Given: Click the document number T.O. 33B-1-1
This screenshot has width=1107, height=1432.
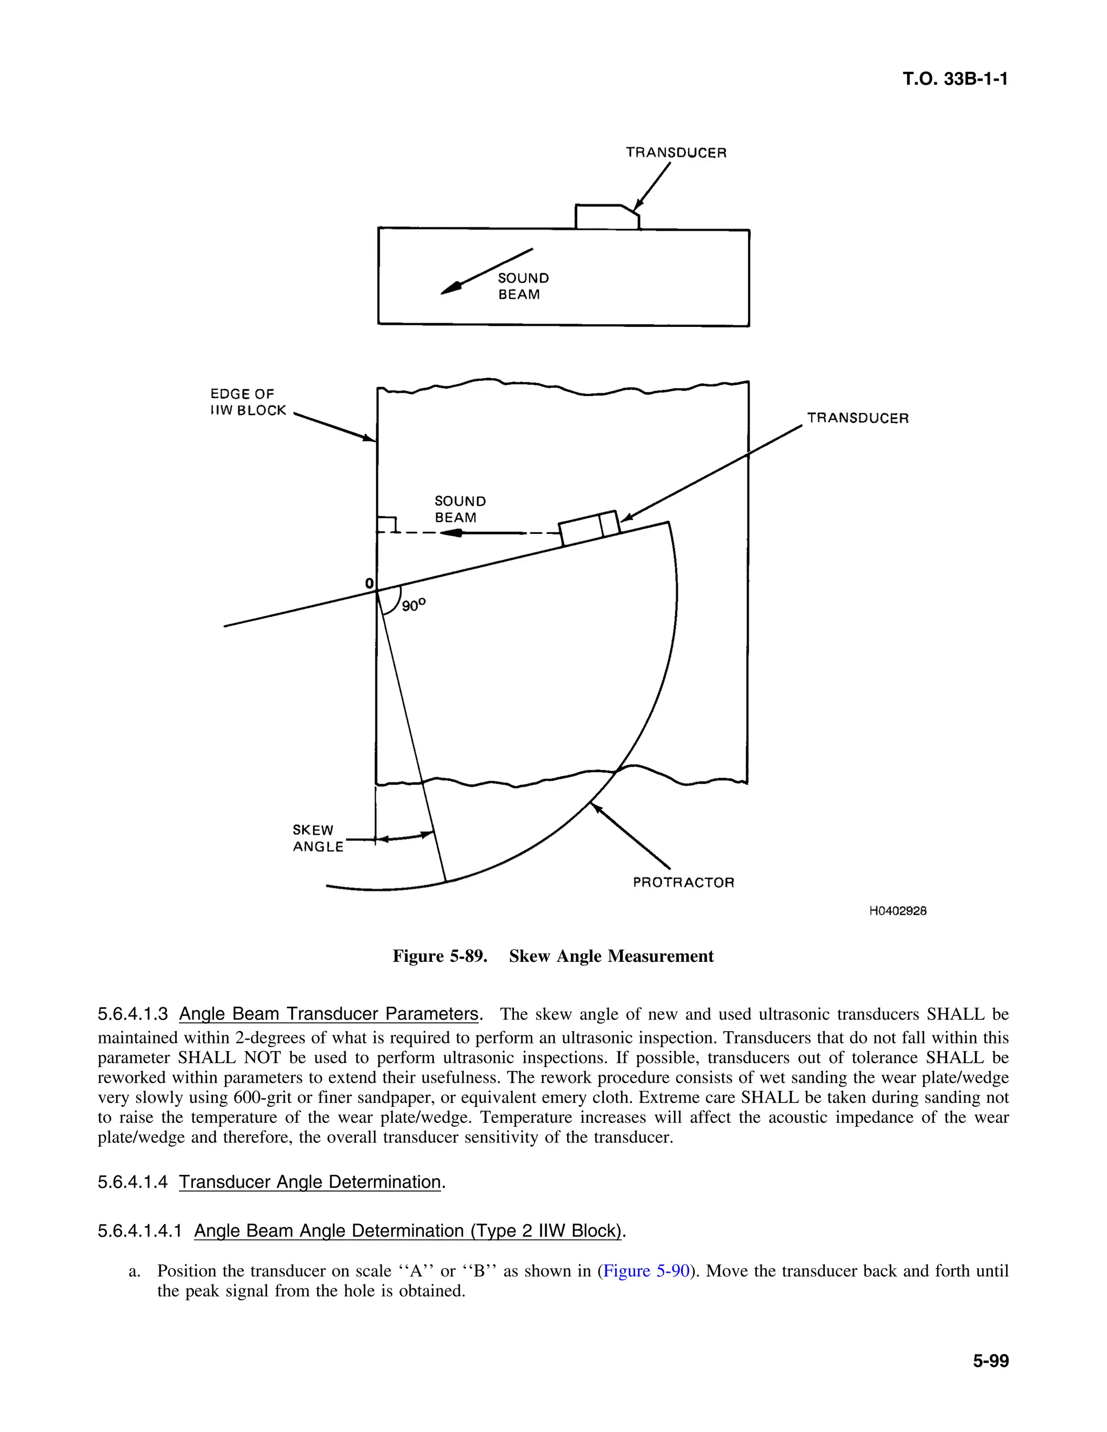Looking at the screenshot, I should click(x=955, y=79).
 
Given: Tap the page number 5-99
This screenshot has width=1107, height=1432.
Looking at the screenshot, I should click(x=990, y=1361).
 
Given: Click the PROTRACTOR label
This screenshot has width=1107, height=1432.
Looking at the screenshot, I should click(x=683, y=882).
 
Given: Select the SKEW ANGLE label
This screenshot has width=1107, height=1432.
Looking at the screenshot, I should click(x=317, y=838).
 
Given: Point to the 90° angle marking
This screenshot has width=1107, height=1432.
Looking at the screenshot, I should click(x=413, y=605).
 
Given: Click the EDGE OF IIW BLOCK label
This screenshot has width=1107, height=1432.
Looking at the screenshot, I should click(x=248, y=402).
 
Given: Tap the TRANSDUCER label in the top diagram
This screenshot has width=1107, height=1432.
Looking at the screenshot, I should click(x=676, y=153).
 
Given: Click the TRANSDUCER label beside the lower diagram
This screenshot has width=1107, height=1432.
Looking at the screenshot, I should click(x=858, y=418).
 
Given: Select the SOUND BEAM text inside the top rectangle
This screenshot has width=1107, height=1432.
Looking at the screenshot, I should click(x=523, y=286).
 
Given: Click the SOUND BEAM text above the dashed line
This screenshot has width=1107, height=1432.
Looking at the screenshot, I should click(x=461, y=510).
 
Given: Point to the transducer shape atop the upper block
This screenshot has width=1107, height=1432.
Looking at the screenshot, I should click(x=606, y=217).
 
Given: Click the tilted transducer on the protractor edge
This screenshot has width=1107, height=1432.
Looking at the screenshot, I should click(x=589, y=528).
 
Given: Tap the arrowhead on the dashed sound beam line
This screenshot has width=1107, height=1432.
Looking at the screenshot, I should click(x=451, y=533).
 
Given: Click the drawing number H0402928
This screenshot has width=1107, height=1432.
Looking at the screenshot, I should click(x=898, y=911).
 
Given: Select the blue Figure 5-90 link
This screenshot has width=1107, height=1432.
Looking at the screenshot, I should click(x=646, y=1271).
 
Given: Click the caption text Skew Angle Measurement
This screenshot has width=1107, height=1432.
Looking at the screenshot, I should click(x=611, y=956).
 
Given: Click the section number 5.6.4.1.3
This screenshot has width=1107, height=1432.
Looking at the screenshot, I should click(x=133, y=1014).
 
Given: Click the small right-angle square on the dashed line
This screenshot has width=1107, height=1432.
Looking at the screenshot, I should click(x=388, y=525).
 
